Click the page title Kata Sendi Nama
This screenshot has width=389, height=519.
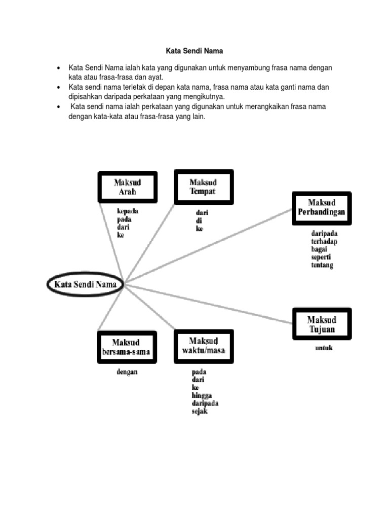click(194, 51)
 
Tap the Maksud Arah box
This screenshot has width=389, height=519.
click(127, 187)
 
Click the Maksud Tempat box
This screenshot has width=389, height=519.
click(204, 187)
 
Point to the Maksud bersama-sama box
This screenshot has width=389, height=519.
click(127, 347)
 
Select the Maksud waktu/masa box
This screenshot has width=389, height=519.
click(204, 345)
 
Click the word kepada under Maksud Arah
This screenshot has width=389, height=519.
click(128, 211)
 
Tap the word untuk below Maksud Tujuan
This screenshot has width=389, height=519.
click(324, 348)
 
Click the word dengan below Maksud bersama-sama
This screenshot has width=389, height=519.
click(127, 372)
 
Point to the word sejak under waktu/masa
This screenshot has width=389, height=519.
click(200, 411)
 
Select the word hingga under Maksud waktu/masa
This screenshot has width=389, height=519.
click(202, 395)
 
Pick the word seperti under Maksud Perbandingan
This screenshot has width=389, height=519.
click(321, 257)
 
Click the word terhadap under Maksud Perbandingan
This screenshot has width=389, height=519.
click(324, 242)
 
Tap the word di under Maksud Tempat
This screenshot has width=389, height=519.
click(198, 221)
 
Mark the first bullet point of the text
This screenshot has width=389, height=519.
click(59, 68)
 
